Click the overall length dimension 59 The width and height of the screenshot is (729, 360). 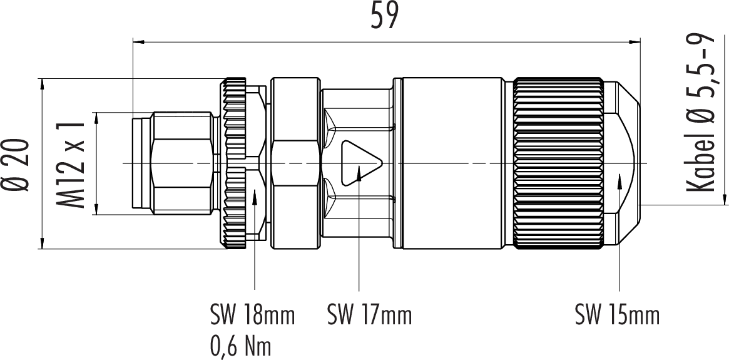[x=384, y=18]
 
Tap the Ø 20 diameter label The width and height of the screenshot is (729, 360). [x=18, y=165]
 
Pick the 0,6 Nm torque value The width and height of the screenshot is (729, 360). [x=241, y=346]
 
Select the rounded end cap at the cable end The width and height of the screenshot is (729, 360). [x=623, y=164]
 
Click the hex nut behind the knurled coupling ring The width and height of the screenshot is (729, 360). [x=296, y=164]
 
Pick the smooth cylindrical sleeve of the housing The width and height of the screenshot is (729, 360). [x=453, y=164]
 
